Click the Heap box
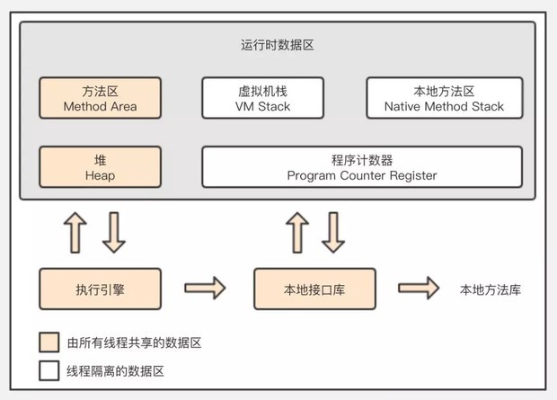click(100, 167)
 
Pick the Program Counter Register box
click(361, 167)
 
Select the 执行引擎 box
click(100, 289)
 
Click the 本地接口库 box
click(313, 289)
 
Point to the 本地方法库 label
click(491, 289)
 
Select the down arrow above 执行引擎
click(114, 233)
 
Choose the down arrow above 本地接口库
click(333, 233)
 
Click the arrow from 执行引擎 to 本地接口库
click(205, 289)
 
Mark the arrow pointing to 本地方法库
click(419, 289)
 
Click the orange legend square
click(49, 342)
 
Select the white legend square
click(49, 369)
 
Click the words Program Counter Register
click(361, 175)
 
